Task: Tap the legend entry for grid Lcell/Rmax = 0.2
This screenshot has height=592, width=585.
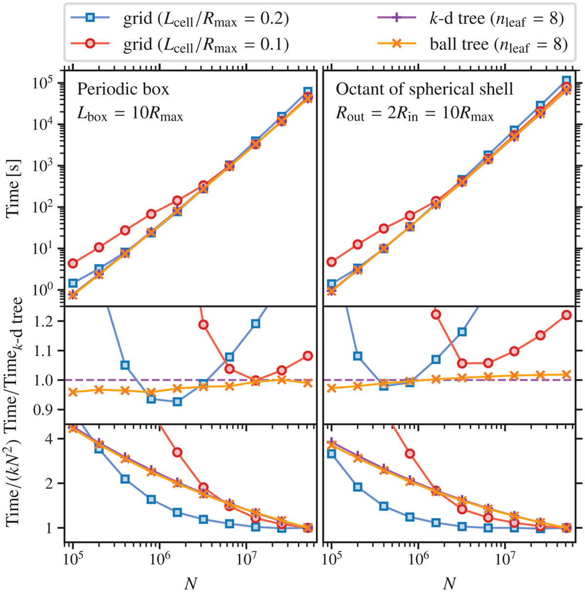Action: [205, 18]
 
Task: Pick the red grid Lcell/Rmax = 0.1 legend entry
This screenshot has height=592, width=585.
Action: [205, 44]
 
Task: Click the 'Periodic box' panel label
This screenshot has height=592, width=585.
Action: [123, 89]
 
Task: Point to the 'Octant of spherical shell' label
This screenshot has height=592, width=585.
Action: [424, 89]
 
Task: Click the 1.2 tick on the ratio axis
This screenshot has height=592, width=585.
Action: [52, 321]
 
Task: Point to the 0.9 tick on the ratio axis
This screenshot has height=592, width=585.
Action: [52, 409]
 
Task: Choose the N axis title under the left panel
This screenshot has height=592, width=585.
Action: [191, 582]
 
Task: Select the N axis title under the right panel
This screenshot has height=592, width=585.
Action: [449, 582]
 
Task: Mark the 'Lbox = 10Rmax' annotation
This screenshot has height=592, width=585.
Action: [130, 115]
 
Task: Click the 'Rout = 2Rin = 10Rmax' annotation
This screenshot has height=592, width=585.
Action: [414, 115]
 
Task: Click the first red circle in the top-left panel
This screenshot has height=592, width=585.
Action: [73, 263]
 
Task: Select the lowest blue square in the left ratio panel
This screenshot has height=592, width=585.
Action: [177, 402]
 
